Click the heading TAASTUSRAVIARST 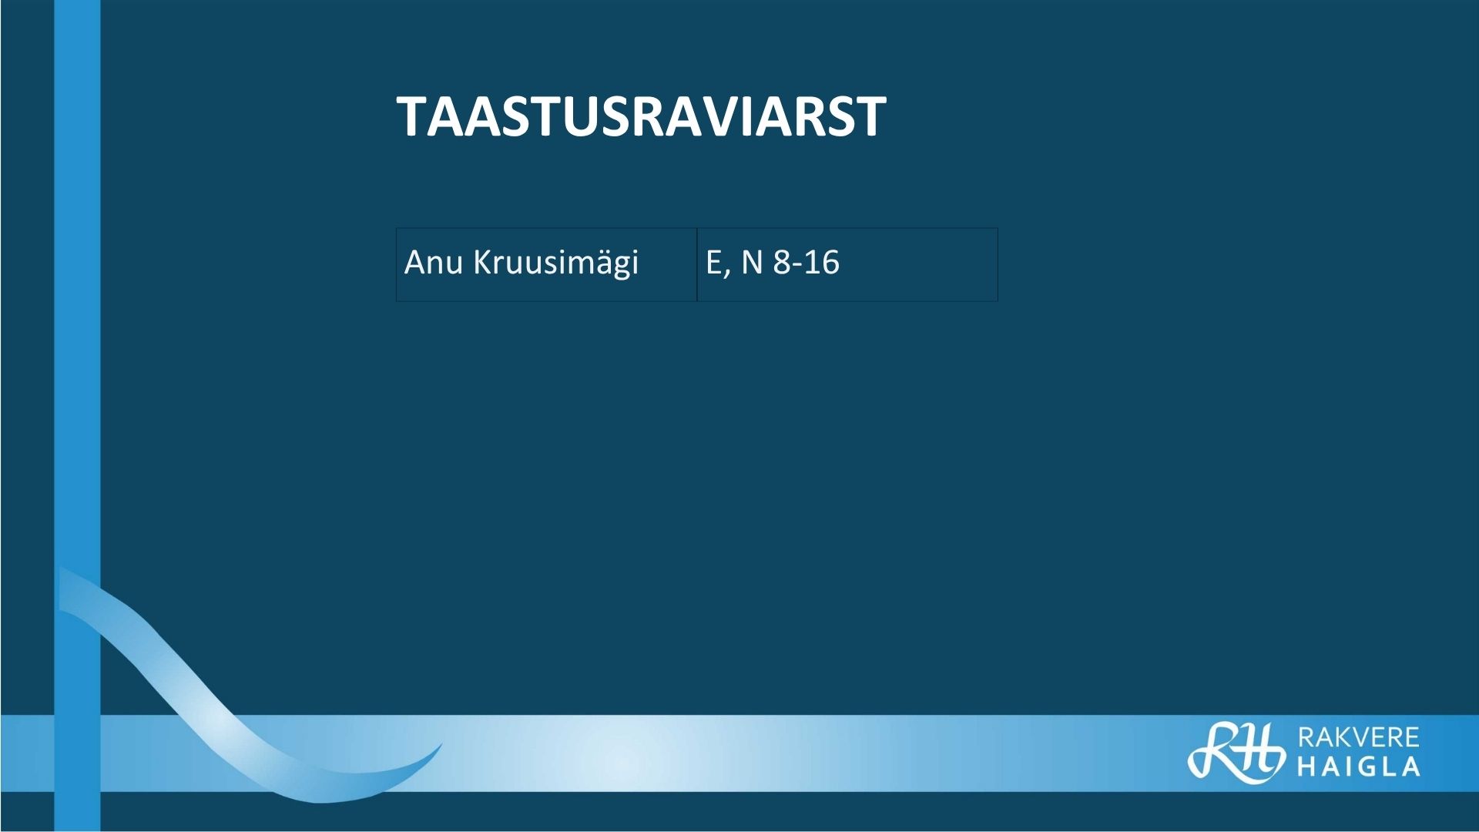click(641, 117)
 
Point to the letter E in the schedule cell click(713, 263)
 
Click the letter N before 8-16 click(752, 263)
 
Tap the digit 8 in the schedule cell click(782, 263)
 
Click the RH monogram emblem click(1236, 750)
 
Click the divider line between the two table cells click(697, 264)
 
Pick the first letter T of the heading click(414, 117)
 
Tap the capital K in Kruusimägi click(482, 263)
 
